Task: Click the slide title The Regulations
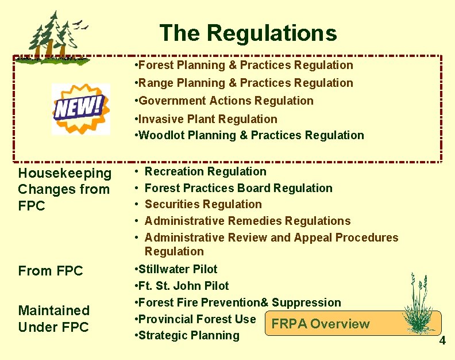(248, 33)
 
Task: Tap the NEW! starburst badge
(80, 108)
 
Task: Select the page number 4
(442, 341)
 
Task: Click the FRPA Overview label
(321, 324)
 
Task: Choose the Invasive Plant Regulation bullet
(205, 119)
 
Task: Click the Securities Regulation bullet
(203, 204)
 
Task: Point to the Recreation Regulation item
(205, 171)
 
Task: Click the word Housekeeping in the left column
(65, 173)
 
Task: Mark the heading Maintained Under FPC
(54, 319)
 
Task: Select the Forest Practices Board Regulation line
(238, 188)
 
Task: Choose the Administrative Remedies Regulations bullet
(248, 221)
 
